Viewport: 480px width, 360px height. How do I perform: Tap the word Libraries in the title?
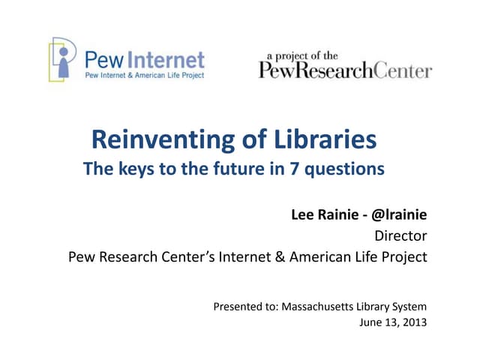(327, 140)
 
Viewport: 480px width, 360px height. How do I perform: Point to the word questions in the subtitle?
(347, 169)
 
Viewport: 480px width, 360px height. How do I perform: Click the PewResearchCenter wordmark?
(345, 71)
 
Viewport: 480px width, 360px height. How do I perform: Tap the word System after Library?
(409, 306)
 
